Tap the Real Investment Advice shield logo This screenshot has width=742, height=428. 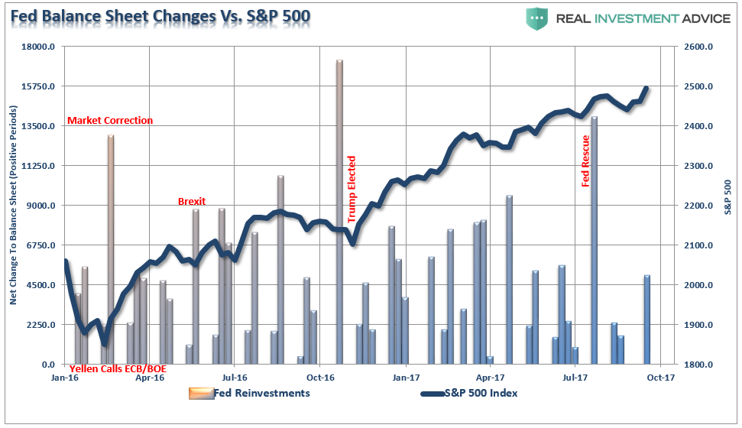(x=537, y=18)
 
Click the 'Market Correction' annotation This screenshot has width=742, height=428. (x=110, y=120)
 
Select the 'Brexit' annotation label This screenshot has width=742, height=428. (x=191, y=201)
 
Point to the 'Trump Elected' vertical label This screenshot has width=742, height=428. (x=352, y=189)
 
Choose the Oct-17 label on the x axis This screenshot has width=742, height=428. (x=659, y=378)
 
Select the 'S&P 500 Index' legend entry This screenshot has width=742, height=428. (x=468, y=393)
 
